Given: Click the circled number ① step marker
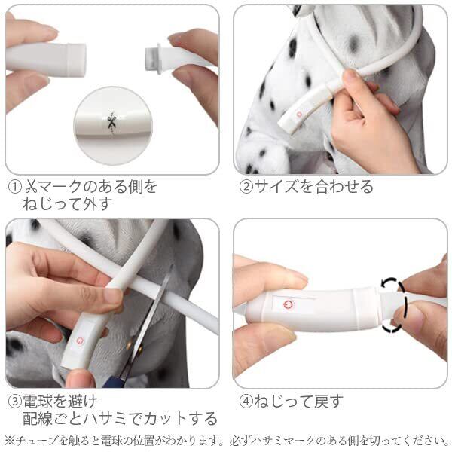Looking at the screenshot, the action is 15,187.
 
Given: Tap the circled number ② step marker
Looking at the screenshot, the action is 246,187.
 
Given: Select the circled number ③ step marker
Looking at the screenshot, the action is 15,402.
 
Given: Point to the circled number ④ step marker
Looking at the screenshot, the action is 246,402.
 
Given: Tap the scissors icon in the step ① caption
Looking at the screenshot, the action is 32,187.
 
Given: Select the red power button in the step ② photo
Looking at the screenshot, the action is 299,115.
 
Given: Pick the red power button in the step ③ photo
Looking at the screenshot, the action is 80,341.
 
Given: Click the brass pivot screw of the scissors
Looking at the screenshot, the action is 140,350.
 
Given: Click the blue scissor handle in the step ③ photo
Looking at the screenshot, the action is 116,380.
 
